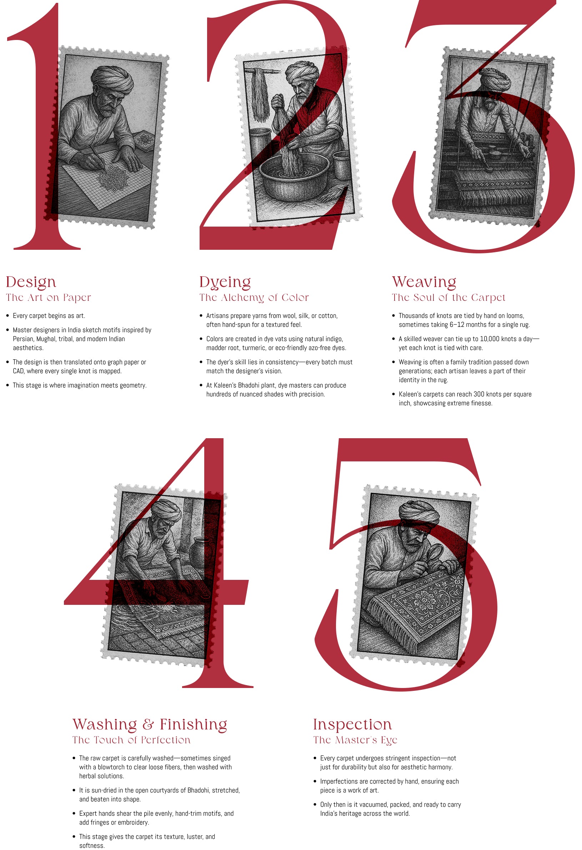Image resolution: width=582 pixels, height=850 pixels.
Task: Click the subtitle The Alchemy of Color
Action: tap(254, 298)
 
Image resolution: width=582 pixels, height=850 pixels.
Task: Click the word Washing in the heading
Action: tap(105, 724)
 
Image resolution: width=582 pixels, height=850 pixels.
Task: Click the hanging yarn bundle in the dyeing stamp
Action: tap(260, 94)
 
